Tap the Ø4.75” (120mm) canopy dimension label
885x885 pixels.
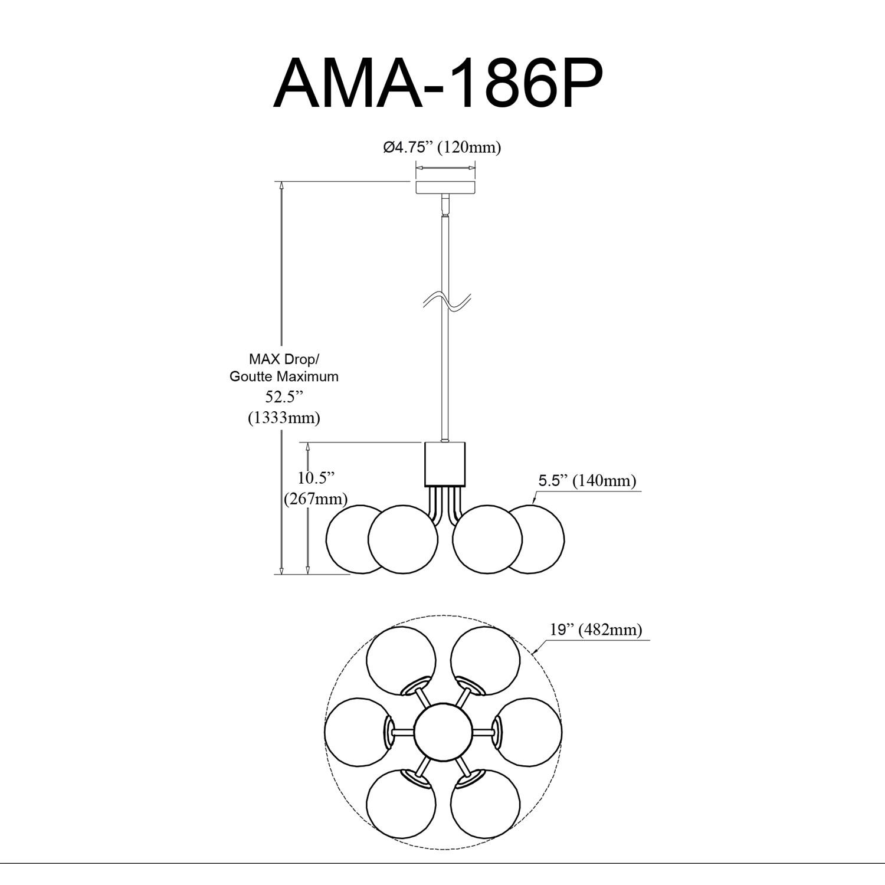point(442,147)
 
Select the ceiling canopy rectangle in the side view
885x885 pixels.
point(445,188)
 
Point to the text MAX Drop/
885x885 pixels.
point(284,359)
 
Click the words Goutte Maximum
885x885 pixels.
point(284,376)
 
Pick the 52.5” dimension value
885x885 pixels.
point(284,396)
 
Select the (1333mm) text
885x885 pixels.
point(284,418)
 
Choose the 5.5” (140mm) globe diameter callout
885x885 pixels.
point(587,481)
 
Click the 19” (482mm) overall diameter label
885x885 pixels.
point(596,630)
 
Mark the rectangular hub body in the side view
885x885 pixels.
point(445,464)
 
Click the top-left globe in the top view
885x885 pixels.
point(401,660)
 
